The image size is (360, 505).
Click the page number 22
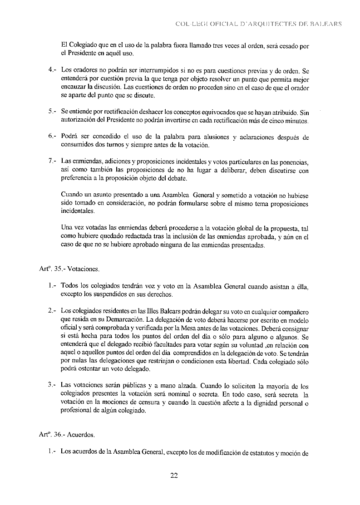pos(173,476)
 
